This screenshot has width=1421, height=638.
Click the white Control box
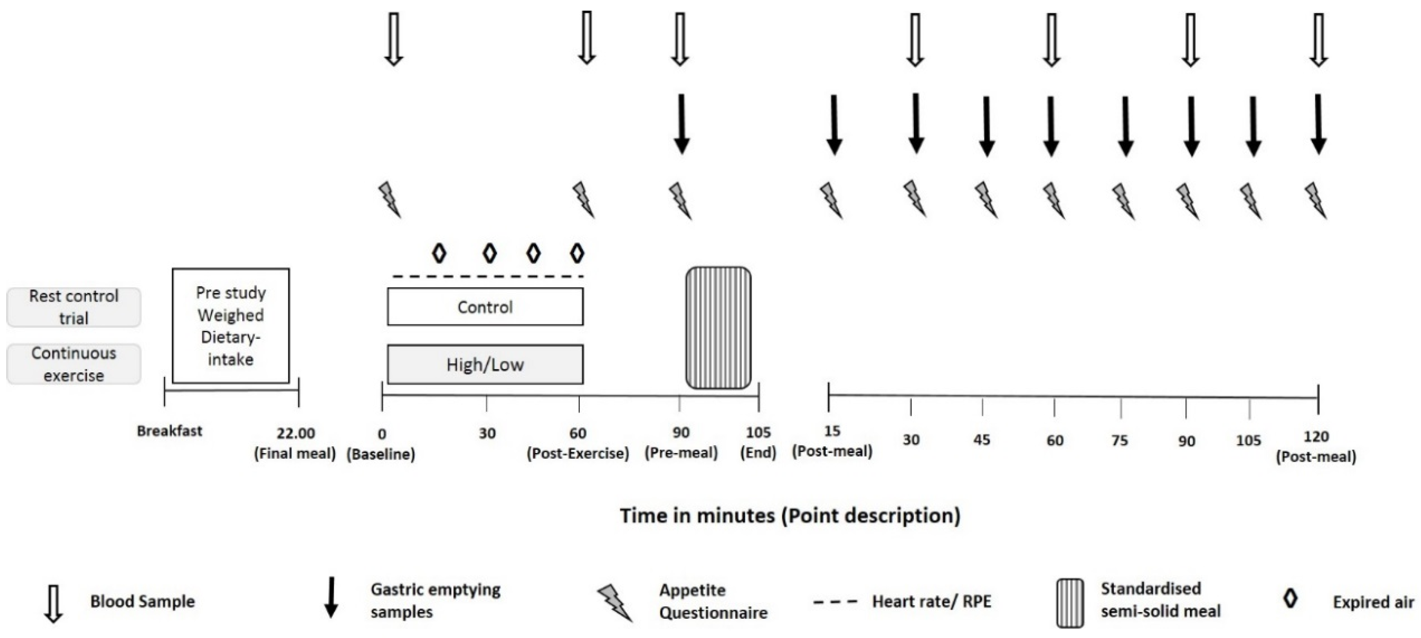485,307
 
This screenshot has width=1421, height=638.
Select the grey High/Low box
485,364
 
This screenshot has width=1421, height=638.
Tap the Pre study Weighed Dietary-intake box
231,326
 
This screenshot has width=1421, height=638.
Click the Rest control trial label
73,307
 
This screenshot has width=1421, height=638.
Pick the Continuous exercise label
73,364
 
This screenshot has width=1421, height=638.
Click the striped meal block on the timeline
718,328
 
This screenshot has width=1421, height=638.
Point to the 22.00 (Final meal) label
295,443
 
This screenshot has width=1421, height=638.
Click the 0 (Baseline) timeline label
381,444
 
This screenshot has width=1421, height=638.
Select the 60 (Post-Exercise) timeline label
577,443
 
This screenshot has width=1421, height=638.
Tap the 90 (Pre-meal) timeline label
681,443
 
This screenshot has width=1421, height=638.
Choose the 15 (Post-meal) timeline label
832,441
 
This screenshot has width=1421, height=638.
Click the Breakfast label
169,431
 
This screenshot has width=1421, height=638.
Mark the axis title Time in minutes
790,516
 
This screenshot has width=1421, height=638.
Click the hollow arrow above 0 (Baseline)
393,38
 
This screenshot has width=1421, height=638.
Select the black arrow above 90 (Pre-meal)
682,124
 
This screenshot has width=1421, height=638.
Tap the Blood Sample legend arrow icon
54,603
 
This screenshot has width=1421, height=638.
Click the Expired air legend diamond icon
1290,599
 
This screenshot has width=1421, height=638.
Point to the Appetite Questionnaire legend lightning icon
615,603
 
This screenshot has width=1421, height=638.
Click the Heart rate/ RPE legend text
931,601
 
